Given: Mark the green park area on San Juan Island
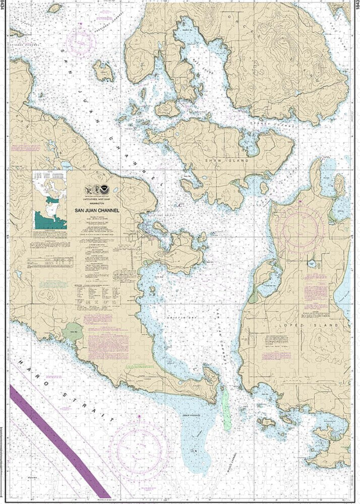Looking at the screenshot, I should [x=74, y=332].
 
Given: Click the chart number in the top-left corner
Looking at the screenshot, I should [x=4, y=10].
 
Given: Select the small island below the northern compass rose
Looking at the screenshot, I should [x=103, y=71].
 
